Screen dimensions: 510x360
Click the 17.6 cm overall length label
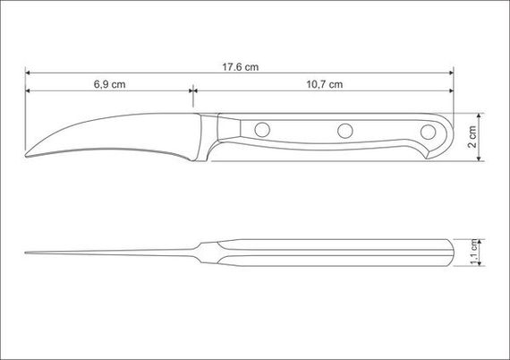click(241, 67)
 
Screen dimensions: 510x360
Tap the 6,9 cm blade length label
click(110, 84)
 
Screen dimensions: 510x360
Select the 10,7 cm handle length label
click(325, 84)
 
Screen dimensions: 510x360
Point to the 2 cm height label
click(472, 137)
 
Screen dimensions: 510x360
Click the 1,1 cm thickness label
click(474, 253)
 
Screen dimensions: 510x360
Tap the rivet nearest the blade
click(262, 130)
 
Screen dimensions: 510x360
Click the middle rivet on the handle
click(345, 131)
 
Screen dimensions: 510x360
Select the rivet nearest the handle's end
click(428, 132)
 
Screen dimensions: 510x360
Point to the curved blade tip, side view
click(27, 155)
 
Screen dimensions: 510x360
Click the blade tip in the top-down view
click(26, 253)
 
